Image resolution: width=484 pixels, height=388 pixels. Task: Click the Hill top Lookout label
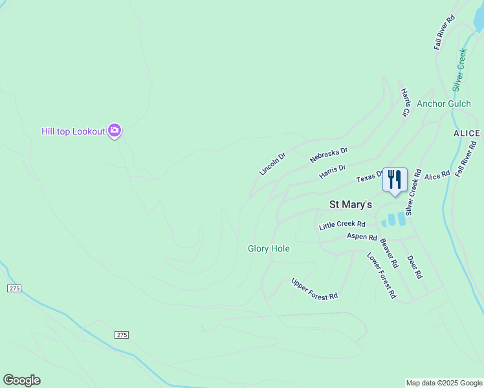coord(73,131)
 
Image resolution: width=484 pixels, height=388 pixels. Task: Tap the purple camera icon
coord(115,131)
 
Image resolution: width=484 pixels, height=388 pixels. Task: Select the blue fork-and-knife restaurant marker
coord(395,180)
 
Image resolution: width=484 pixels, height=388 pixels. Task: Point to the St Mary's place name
coord(351,204)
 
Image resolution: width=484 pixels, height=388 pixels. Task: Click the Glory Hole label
coord(269,248)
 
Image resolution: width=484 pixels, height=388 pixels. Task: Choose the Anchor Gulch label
coord(444,103)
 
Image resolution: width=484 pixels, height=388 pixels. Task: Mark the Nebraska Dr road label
coord(329,155)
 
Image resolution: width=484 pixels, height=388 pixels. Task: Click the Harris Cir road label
coord(405,103)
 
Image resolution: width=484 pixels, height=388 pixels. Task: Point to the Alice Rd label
coord(437,176)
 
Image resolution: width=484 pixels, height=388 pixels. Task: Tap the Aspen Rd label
coord(362,237)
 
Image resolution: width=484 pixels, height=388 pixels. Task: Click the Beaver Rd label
coord(389,253)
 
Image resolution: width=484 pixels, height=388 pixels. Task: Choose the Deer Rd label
coord(415,266)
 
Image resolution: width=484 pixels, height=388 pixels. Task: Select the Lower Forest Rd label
coord(382,275)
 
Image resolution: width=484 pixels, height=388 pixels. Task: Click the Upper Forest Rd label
coord(314,288)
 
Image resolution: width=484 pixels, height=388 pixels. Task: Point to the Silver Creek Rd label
coord(413,193)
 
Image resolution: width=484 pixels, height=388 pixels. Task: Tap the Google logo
coord(21,380)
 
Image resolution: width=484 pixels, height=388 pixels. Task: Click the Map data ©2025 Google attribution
coord(444,383)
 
